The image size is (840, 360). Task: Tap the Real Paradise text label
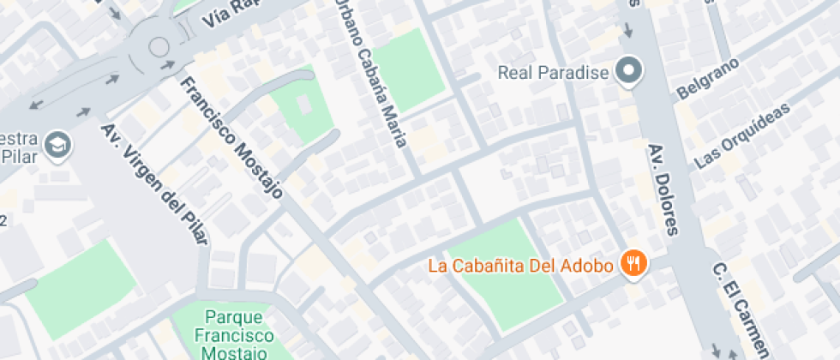(x=553, y=72)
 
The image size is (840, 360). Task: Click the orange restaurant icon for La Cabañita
(x=634, y=265)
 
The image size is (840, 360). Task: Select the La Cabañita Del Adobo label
(x=520, y=266)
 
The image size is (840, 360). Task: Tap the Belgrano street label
(x=708, y=79)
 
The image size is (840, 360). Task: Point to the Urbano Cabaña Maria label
(x=369, y=73)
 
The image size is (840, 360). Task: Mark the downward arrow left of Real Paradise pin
(x=627, y=31)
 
